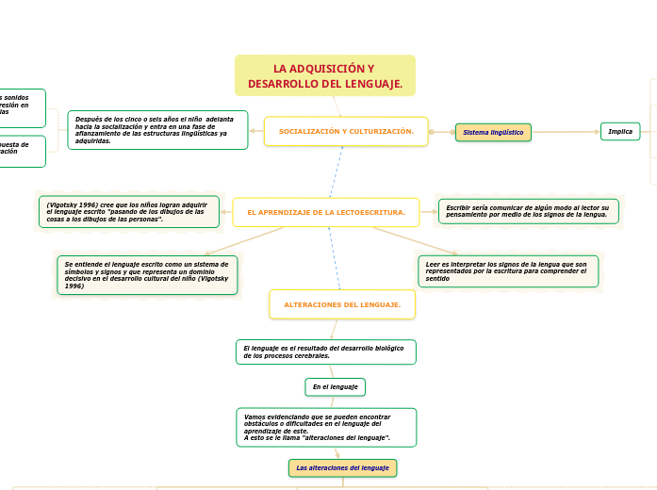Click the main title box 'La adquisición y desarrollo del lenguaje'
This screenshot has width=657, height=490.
point(324,76)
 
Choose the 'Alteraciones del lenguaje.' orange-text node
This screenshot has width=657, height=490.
point(342,304)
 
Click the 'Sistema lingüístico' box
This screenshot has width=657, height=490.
point(493,133)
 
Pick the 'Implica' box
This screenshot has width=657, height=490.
point(620,132)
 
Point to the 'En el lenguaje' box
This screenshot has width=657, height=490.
point(335,387)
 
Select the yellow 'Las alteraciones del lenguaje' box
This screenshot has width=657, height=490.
point(342,468)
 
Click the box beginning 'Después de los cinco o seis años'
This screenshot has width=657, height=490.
point(157,130)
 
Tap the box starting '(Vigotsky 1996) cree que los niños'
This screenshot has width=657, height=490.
point(128,212)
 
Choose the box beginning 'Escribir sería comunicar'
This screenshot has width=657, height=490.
point(528,211)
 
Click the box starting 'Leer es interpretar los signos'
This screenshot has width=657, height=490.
point(508,271)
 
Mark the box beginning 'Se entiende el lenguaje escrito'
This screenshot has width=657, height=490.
point(147,274)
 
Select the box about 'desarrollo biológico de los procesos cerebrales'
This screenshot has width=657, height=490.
point(325,352)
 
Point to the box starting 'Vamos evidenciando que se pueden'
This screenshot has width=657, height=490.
point(325,427)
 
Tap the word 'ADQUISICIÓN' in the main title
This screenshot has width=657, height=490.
point(317,69)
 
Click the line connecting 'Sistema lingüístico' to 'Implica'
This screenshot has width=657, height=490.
point(566,132)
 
